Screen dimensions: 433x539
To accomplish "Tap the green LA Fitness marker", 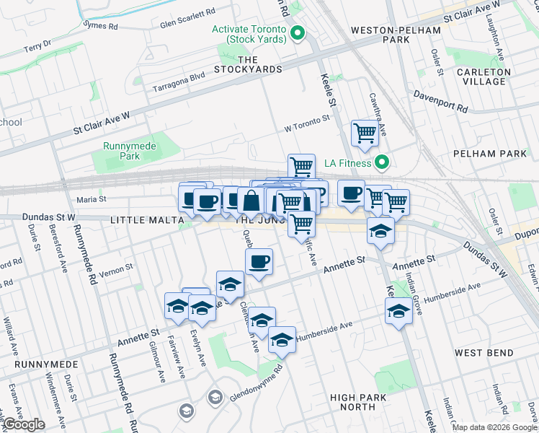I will (383, 163).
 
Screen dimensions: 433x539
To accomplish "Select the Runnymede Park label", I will (120, 150).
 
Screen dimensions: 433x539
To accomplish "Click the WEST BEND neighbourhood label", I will (484, 353).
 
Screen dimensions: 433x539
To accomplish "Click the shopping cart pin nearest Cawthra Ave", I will (365, 133).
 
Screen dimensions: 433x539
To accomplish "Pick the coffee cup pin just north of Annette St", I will (259, 261).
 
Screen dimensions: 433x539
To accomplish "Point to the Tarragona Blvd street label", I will (179, 84).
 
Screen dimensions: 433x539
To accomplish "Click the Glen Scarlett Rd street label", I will (187, 14).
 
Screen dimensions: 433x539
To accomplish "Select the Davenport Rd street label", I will (440, 102).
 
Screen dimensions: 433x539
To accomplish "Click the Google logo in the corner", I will (23, 424).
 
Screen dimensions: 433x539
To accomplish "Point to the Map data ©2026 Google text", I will (494, 427).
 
